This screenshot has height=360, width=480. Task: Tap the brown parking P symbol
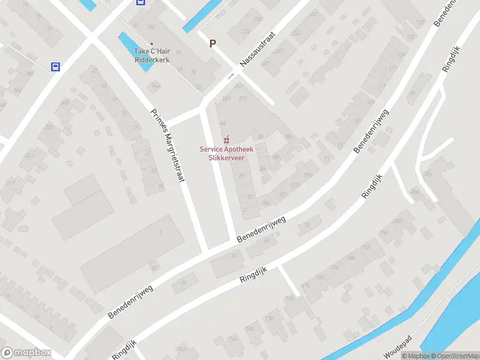[x=212, y=43]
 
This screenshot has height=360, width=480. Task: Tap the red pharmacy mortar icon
[x=226, y=139]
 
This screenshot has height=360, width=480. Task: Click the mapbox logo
[x=25, y=353]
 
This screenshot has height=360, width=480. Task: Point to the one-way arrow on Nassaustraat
[x=231, y=76]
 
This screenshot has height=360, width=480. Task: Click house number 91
[x=327, y=159]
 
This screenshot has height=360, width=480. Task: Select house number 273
[x=243, y=98]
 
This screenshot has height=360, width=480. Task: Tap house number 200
[x=397, y=221]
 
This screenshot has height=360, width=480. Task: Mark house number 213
[x=29, y=157]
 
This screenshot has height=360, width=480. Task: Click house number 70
[x=307, y=226]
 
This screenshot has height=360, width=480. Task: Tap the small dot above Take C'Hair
[x=152, y=43]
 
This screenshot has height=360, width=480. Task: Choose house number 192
[x=29, y=74]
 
